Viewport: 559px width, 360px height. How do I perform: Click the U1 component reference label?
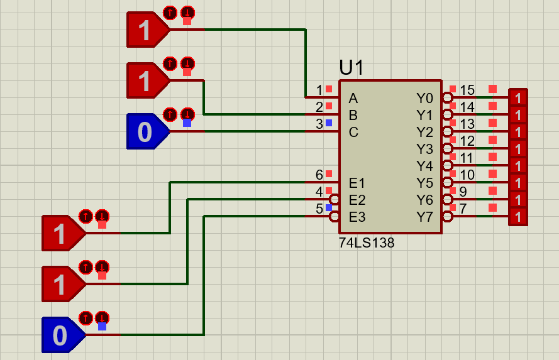click(x=351, y=68)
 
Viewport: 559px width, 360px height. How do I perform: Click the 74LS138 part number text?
click(x=367, y=243)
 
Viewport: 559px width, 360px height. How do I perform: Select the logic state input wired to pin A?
click(x=146, y=30)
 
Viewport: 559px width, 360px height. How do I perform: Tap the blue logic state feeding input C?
click(x=146, y=131)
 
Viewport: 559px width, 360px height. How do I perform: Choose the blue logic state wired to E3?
click(x=61, y=335)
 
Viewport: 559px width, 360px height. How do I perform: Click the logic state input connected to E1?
click(x=61, y=233)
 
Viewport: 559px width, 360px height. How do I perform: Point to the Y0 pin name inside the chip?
click(x=424, y=98)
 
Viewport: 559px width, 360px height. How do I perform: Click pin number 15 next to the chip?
click(x=467, y=90)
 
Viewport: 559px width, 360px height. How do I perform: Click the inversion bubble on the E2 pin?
click(x=335, y=200)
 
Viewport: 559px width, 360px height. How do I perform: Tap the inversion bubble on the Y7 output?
click(x=446, y=217)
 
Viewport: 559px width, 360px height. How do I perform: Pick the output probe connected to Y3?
click(x=517, y=149)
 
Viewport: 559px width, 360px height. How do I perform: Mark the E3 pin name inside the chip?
click(x=357, y=217)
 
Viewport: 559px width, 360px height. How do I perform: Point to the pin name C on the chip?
click(x=353, y=133)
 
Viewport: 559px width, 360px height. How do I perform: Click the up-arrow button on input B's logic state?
click(x=170, y=63)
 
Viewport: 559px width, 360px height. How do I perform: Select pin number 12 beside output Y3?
click(x=467, y=141)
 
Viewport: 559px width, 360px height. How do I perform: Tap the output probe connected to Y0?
click(x=517, y=98)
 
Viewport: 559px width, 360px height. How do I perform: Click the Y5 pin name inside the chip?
click(x=424, y=183)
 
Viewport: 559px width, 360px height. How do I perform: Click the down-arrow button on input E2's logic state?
click(x=102, y=266)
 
